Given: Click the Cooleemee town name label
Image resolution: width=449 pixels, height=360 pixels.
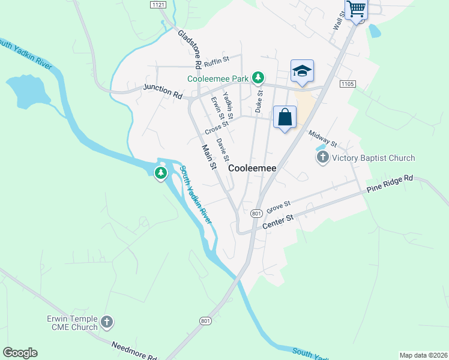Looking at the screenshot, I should pyautogui.click(x=253, y=169).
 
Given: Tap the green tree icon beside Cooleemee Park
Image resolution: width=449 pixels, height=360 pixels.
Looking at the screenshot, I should pyautogui.click(x=258, y=77).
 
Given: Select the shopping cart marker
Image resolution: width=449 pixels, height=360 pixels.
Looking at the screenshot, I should pyautogui.click(x=356, y=9).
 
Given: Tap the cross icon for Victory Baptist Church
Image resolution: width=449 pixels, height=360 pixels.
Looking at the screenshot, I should pyautogui.click(x=323, y=158).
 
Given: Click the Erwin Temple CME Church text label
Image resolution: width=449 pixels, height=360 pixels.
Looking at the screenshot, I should pyautogui.click(x=72, y=323).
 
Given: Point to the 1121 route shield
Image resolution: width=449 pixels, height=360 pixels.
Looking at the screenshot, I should pyautogui.click(x=158, y=4).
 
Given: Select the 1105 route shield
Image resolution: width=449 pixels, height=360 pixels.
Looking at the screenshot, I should pyautogui.click(x=347, y=84).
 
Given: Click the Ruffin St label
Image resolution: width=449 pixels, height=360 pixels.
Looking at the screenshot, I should pyautogui.click(x=217, y=61).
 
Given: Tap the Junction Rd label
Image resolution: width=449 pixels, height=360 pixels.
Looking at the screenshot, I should pyautogui.click(x=162, y=91).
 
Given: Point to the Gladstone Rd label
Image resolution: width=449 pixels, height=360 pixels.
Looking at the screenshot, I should pyautogui.click(x=189, y=47).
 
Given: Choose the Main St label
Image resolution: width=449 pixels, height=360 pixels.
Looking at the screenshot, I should pyautogui.click(x=208, y=157).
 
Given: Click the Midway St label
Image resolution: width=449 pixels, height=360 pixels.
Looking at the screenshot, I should pyautogui.click(x=324, y=139).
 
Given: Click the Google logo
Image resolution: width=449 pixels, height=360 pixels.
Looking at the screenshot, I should pyautogui.click(x=20, y=353).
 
